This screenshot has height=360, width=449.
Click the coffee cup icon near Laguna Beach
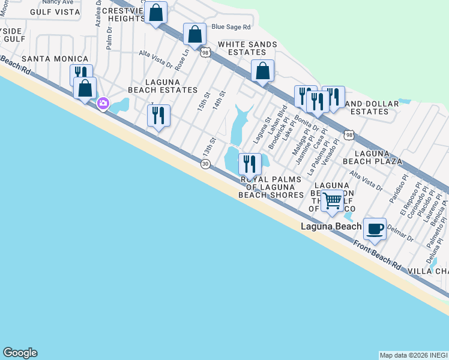click(x=375, y=229)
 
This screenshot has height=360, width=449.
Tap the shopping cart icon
click(x=332, y=200)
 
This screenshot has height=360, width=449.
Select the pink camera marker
click(x=103, y=104)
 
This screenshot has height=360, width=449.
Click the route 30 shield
click(x=205, y=164)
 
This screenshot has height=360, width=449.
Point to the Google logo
click(x=20, y=353)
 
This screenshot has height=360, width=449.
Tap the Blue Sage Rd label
click(x=231, y=27)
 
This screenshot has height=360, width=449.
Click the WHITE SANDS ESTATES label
click(x=247, y=49)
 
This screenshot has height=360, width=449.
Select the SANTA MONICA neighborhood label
click(x=55, y=59)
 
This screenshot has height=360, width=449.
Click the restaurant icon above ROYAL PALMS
click(x=250, y=164)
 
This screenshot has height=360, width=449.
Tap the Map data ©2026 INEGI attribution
click(x=414, y=355)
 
